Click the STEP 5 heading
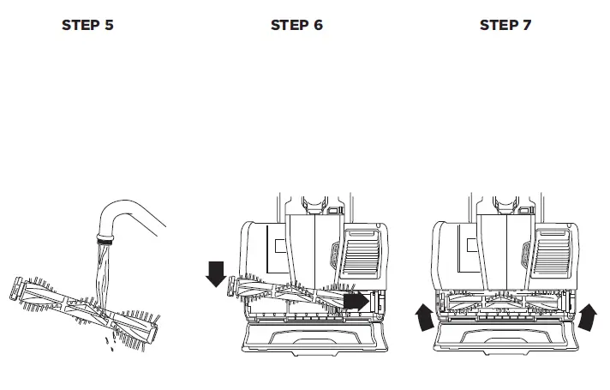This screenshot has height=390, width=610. pos(87,25)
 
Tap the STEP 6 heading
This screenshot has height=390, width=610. pos(296,25)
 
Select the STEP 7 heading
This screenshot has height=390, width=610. pos(505,25)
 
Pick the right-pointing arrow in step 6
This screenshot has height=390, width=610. pos(355,302)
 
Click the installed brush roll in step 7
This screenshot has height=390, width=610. pos(505,302)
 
